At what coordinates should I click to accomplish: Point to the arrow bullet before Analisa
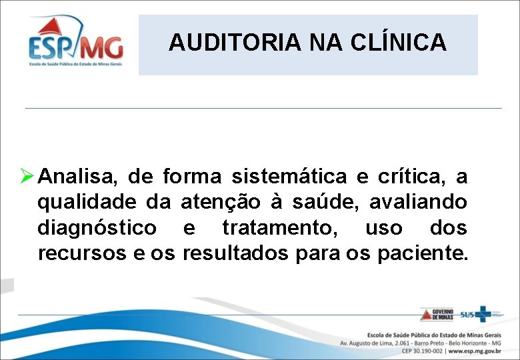point(27,177)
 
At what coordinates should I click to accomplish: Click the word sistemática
point(289,177)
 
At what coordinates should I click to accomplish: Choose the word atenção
point(221,203)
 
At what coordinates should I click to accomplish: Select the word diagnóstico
point(97,229)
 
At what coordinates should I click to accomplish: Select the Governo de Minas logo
point(437,315)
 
